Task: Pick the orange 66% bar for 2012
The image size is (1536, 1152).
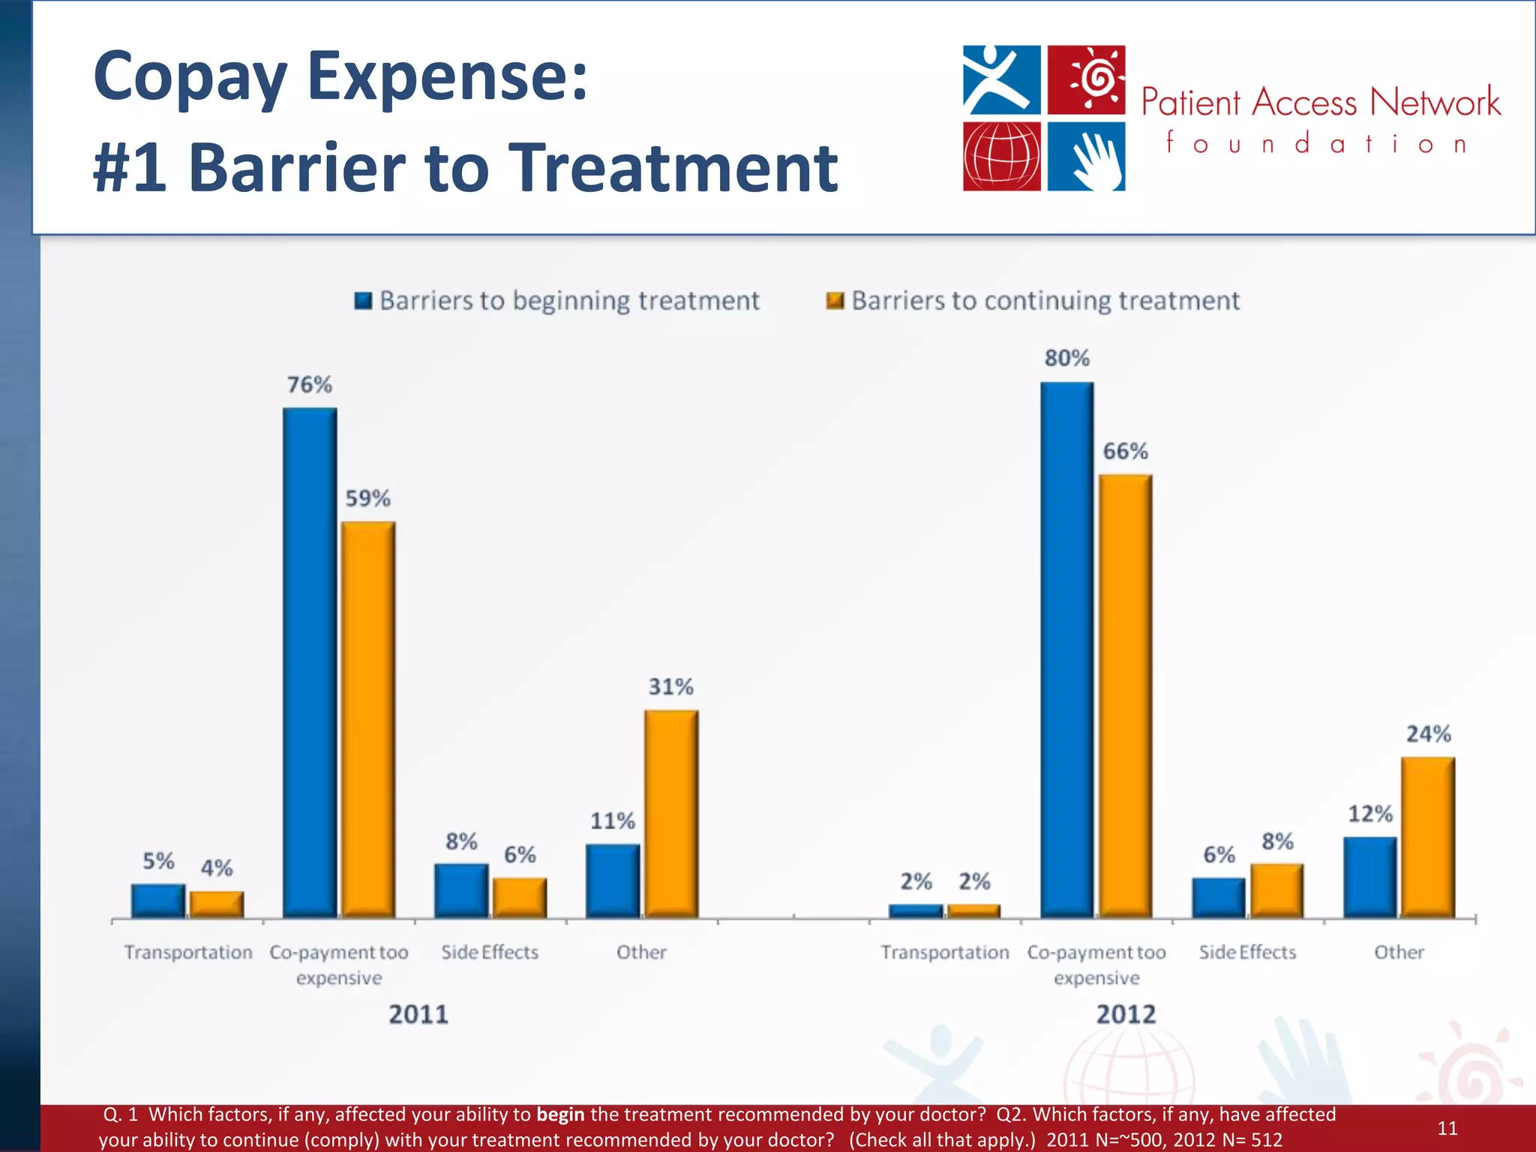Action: coord(1125,695)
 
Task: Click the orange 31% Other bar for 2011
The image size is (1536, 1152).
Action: coord(671,813)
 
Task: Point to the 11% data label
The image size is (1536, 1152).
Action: coord(613,821)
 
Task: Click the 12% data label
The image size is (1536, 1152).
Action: coord(1370,814)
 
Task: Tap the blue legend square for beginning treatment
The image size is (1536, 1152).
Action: coord(363,301)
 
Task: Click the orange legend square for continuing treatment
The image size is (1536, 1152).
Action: coord(835,301)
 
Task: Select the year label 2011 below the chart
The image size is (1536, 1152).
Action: coord(418,1015)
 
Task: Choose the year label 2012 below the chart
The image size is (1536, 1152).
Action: coord(1126,1015)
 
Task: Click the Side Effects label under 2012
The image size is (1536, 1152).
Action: coord(1247,952)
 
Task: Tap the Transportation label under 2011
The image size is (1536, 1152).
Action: coord(188,952)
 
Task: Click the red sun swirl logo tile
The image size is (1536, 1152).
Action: coord(1086,79)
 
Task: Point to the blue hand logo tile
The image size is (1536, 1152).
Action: coord(1086,157)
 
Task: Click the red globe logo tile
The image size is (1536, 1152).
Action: coord(1002,157)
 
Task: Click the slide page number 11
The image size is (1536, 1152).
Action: coord(1447,1128)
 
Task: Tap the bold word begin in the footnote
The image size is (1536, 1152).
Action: coord(560,1114)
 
